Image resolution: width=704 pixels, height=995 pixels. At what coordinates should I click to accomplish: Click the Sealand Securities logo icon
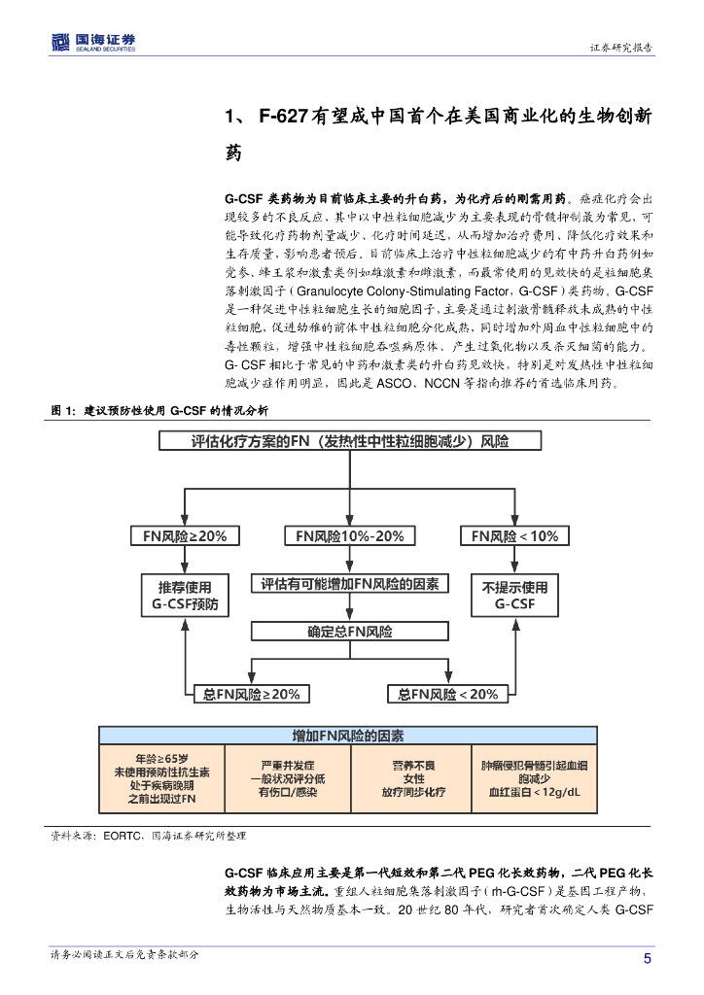point(60,42)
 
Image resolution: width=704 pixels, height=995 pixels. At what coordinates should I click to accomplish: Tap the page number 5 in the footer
point(648,958)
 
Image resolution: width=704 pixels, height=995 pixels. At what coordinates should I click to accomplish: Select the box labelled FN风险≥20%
point(185,536)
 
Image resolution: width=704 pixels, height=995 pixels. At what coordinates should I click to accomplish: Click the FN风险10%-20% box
point(350,536)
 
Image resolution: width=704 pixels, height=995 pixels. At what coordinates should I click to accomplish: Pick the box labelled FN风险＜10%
point(514,536)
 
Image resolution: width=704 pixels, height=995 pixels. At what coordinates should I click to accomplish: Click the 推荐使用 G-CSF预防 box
point(185,596)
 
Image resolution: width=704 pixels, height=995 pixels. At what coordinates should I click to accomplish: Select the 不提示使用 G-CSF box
point(514,596)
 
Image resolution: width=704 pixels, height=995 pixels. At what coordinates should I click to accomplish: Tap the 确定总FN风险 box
point(350,632)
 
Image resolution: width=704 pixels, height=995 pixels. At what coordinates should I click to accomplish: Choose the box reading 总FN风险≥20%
point(252,694)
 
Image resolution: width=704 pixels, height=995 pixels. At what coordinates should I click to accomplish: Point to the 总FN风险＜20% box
point(448,694)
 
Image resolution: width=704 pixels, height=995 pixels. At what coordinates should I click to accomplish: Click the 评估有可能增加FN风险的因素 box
point(350,584)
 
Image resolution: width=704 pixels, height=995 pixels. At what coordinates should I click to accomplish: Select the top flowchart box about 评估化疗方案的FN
point(350,441)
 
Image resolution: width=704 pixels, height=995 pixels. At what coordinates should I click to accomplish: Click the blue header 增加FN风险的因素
point(348,736)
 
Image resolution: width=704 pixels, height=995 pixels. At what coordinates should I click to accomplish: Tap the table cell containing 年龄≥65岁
point(161,778)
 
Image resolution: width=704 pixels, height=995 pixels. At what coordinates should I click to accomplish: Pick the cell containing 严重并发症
point(288,778)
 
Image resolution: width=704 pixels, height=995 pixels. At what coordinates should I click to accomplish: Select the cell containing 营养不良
point(411,778)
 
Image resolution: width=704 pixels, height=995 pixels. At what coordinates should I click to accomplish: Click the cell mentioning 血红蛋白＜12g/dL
point(535,778)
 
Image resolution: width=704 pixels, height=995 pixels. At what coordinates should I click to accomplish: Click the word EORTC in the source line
point(123,836)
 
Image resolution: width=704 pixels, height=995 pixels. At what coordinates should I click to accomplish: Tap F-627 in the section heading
point(284,117)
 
